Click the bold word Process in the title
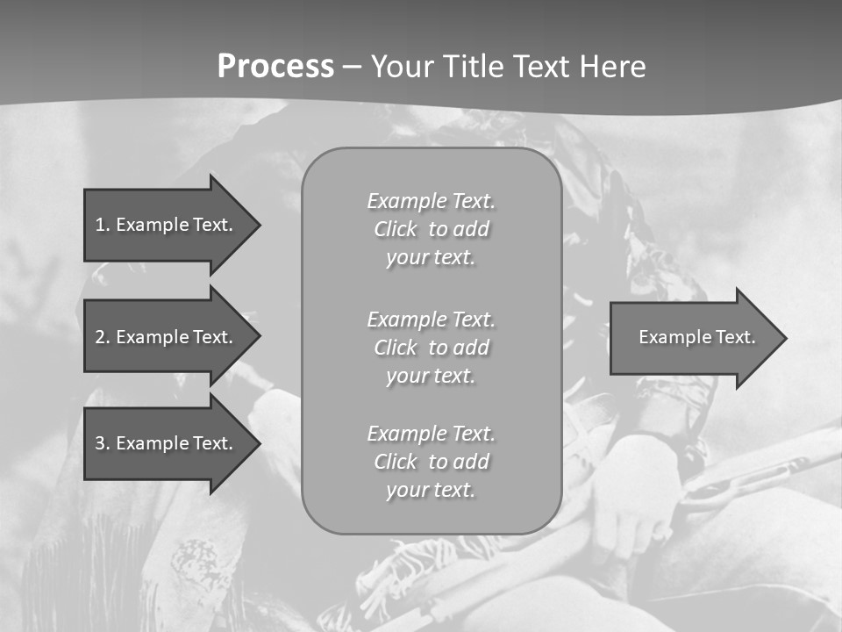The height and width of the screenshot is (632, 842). click(x=275, y=67)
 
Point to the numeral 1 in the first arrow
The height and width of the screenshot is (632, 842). click(x=100, y=225)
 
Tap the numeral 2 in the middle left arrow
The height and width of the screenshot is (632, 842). click(x=100, y=337)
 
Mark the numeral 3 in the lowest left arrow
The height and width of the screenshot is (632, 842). click(x=100, y=443)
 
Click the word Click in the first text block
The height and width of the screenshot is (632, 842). click(x=396, y=229)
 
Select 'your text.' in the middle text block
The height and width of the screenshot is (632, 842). click(x=431, y=376)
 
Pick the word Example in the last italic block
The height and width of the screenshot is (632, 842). click(x=405, y=433)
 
